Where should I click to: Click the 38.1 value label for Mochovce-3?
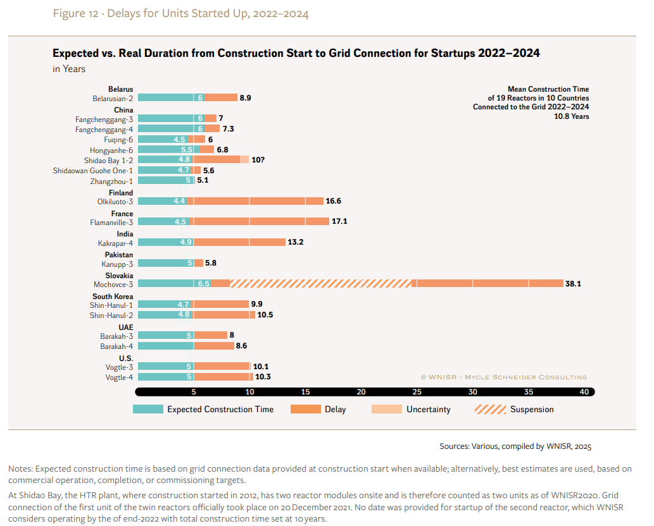click(573, 284)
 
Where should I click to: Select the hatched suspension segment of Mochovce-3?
click(320, 284)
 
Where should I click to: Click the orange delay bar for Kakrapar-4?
click(239, 242)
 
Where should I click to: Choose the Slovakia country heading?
click(118, 276)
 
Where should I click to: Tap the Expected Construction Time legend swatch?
click(148, 409)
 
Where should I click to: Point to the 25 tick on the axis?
click(417, 392)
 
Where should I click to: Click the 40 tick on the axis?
click(584, 392)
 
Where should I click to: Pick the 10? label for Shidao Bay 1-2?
click(258, 160)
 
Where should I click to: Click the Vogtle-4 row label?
click(119, 377)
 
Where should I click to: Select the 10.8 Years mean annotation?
click(571, 116)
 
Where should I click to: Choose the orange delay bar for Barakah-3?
click(210, 335)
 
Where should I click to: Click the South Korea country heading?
click(113, 297)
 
